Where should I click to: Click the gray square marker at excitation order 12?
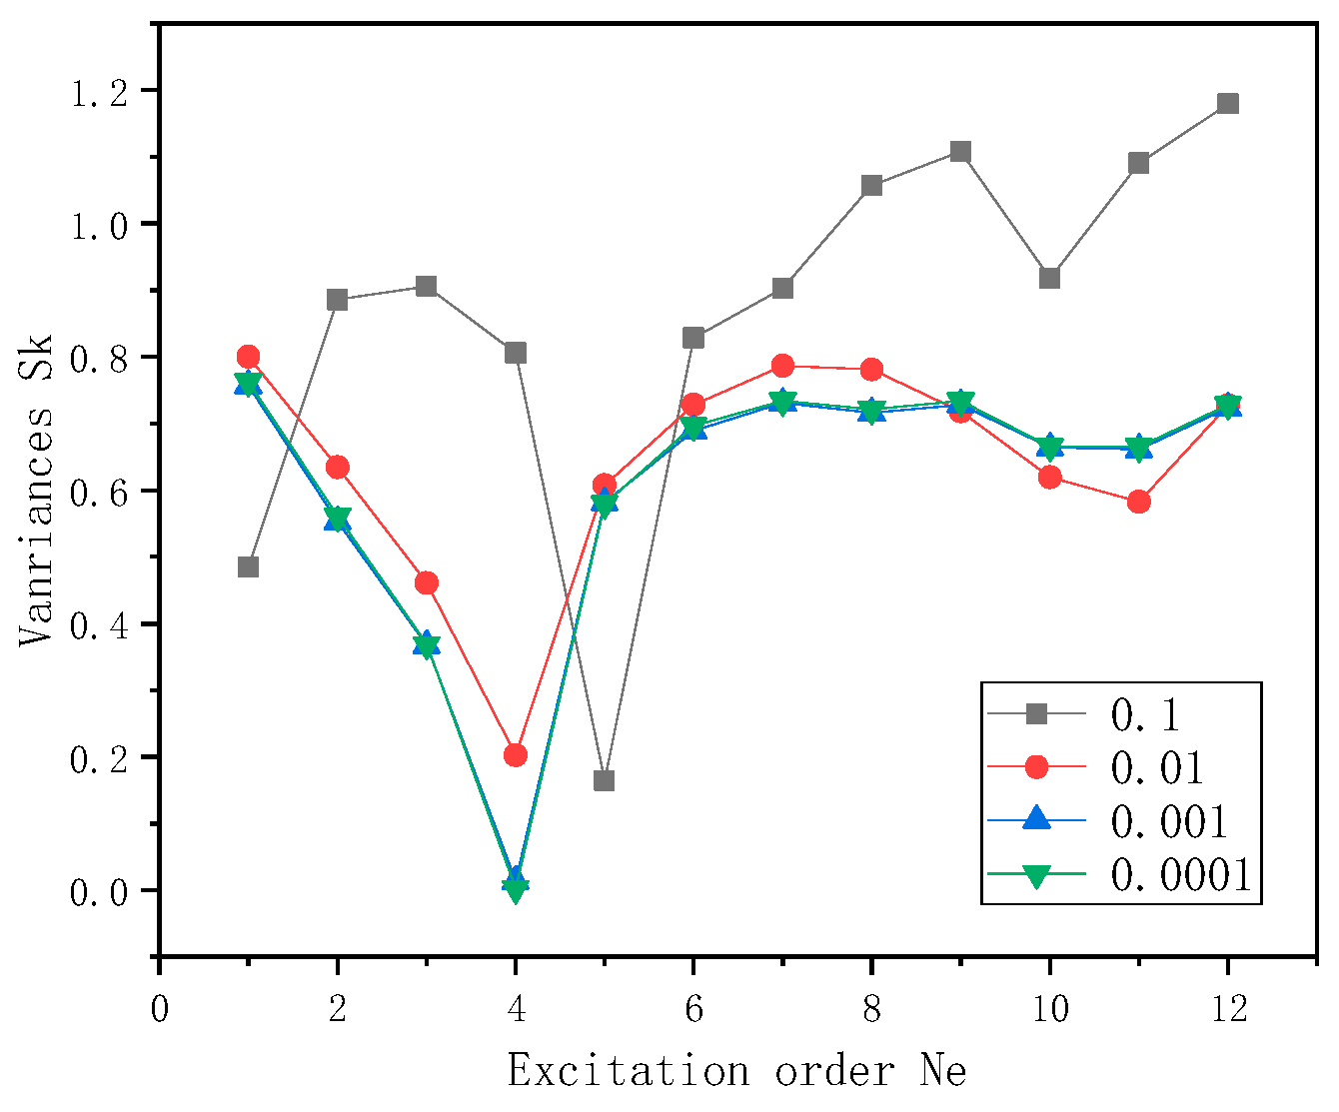(1228, 104)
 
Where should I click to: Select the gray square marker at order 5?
(604, 780)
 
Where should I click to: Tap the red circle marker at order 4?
(516, 754)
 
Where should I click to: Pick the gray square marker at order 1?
(249, 566)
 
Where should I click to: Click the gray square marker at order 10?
(1049, 278)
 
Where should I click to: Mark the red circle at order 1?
(249, 357)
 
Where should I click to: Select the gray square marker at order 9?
(961, 152)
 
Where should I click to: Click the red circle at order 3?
(427, 582)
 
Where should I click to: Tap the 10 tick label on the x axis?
(1049, 1009)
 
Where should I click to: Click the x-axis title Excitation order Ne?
(736, 1072)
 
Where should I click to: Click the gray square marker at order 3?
(427, 287)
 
